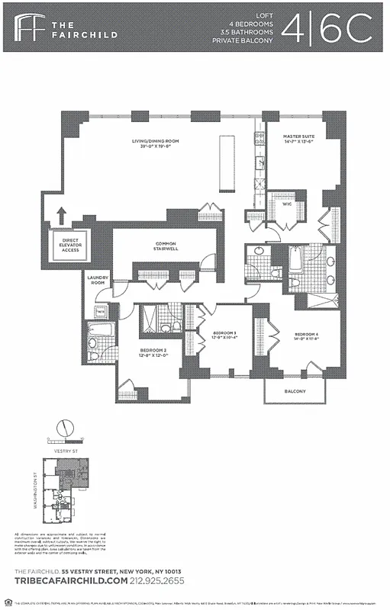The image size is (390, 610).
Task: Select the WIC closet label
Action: tap(277, 204)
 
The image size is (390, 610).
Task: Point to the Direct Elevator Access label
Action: tap(70, 245)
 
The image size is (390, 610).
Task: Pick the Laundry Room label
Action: tap(97, 280)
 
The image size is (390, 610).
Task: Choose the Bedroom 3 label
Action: tap(224, 335)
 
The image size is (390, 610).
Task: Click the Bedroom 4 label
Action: tap(306, 337)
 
